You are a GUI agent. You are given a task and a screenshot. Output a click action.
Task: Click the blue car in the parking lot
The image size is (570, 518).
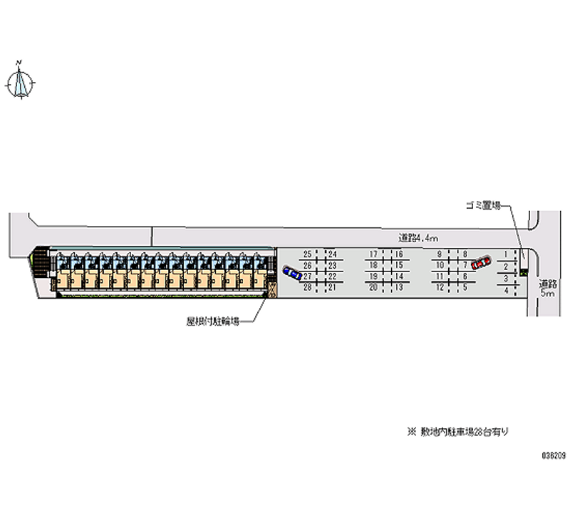click(x=291, y=272)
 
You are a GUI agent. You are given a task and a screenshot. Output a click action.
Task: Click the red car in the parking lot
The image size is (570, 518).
click(x=481, y=263)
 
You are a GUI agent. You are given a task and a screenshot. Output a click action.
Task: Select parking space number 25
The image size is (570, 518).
click(x=308, y=254)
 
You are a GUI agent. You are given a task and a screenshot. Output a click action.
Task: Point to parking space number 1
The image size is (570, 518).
click(x=507, y=254)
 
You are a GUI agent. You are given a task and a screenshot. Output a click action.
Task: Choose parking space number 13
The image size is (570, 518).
click(x=400, y=287)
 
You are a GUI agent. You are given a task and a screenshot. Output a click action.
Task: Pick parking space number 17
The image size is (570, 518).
click(x=373, y=254)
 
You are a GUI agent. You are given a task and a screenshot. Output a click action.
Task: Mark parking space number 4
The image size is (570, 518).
click(x=507, y=290)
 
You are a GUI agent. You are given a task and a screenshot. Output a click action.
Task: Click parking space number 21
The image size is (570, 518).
click(x=332, y=287)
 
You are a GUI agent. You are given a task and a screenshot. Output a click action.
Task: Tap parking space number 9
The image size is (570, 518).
click(x=440, y=254)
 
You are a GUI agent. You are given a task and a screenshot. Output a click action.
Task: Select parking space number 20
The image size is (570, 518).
click(x=373, y=287)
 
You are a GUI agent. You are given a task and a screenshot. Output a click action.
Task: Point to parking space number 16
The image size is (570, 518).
click(x=400, y=254)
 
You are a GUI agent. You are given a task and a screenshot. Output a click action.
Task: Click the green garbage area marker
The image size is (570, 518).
click(x=524, y=271)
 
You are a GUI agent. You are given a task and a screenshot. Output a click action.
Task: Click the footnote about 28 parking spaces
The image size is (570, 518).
click(x=457, y=432)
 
